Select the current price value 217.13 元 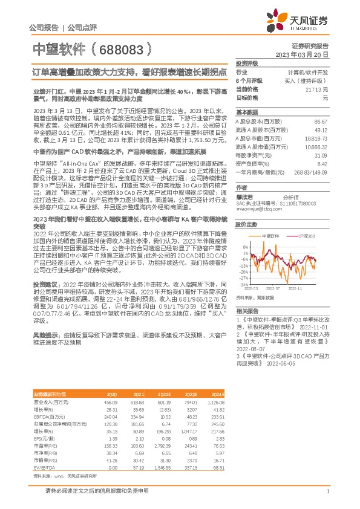(x=318, y=89)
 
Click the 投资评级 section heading (x=247, y=63)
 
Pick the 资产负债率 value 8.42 (x=322, y=163)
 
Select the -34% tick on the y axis (x=244, y=284)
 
